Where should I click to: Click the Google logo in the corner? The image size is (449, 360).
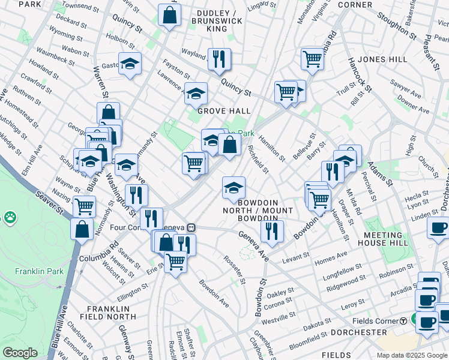20,353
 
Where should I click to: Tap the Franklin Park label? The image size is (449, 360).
40,271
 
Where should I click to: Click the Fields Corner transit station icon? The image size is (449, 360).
404,320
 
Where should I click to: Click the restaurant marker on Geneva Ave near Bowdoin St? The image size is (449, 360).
272,230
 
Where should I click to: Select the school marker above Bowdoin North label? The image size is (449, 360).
234,188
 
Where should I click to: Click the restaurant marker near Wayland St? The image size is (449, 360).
219,59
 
